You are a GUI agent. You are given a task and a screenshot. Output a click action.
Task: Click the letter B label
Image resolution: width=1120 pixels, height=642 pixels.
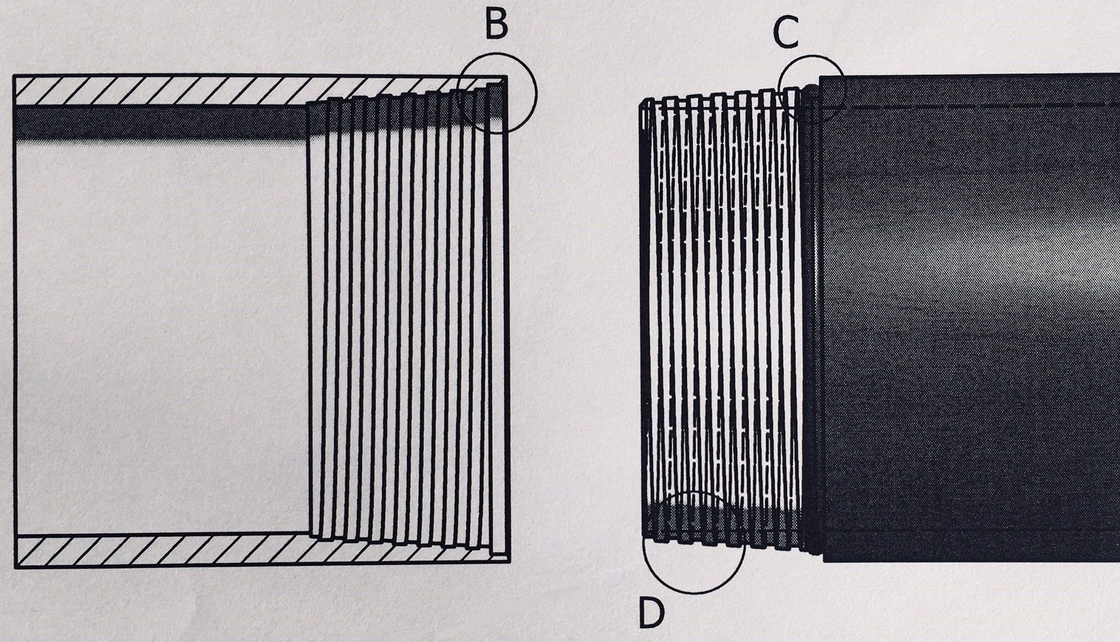pyautogui.click(x=496, y=25)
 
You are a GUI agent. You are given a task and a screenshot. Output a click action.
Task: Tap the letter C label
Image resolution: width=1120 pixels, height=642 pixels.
pyautogui.click(x=785, y=32)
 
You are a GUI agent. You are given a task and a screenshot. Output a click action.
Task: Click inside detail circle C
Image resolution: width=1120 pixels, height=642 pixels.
pyautogui.click(x=812, y=88)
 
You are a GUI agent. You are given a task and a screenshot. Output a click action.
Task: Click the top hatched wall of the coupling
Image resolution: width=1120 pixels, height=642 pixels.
pyautogui.click(x=162, y=89)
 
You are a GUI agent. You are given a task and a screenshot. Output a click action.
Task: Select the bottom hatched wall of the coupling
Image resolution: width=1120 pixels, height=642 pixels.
pyautogui.click(x=162, y=549)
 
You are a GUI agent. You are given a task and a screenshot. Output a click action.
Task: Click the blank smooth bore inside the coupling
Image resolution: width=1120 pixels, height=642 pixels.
pyautogui.click(x=162, y=332)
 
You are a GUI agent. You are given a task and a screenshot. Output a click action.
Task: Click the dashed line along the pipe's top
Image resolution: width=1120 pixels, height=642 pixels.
pyautogui.click(x=975, y=105)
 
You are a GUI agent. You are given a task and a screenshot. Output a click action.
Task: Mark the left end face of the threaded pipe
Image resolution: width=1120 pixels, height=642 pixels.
pyautogui.click(x=643, y=318)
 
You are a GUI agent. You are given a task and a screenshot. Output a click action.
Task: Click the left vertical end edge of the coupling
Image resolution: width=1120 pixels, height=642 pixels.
pyautogui.click(x=15, y=318)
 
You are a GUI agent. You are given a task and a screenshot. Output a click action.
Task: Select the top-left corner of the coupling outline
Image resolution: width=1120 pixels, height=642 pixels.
pyautogui.click(x=15, y=75)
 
